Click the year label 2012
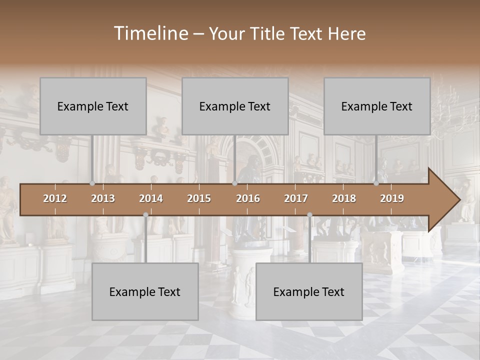tap(55, 198)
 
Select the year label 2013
tap(103, 198)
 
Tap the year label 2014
tap(151, 198)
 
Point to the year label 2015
tap(199, 198)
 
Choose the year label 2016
tap(248, 198)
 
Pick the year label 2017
tap(296, 198)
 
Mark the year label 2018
tap(344, 198)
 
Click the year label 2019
tap(392, 198)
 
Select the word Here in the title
tap(346, 33)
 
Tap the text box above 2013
tap(93, 106)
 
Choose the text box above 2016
tap(235, 106)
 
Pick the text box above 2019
tap(377, 106)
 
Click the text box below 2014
tap(145, 291)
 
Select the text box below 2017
tap(309, 291)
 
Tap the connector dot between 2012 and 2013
tap(92, 183)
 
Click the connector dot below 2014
tap(145, 215)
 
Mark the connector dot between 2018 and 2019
tap(376, 183)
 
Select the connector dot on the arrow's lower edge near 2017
tap(309, 215)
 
